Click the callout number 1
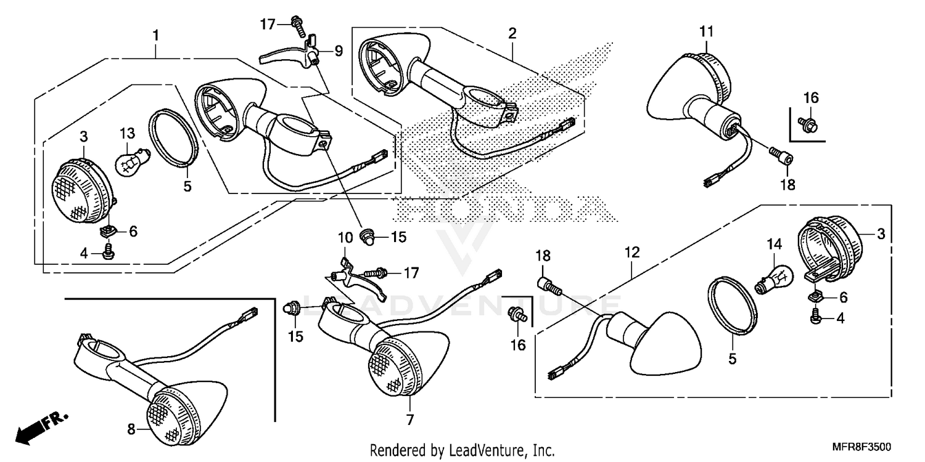coord(156,35)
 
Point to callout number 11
coord(706,31)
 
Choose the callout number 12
coord(632,252)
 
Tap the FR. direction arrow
coord(40,426)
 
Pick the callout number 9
coord(338,51)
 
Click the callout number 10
coord(344,237)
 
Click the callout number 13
coord(126,134)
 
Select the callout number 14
coord(774,245)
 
